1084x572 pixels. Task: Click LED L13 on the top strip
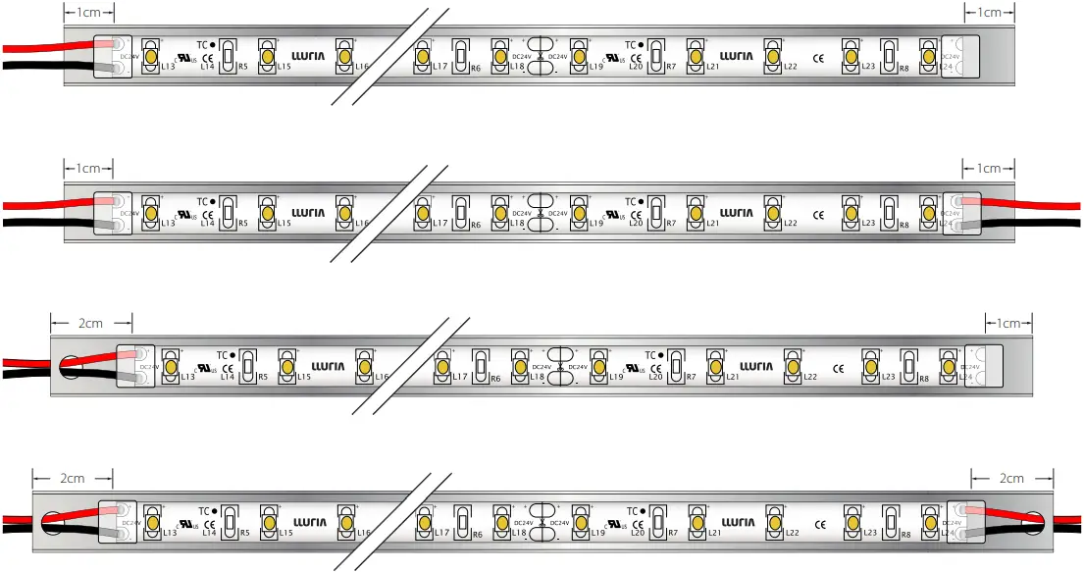(151, 55)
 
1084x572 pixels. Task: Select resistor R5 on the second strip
(228, 211)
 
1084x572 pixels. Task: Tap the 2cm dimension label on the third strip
(90, 323)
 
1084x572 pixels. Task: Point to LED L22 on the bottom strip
(773, 521)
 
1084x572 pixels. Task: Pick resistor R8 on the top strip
(888, 55)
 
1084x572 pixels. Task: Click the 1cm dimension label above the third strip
(1008, 323)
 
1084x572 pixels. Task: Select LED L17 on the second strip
(422, 211)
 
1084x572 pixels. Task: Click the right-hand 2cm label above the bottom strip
(1011, 478)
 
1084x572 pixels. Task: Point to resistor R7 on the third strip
(676, 366)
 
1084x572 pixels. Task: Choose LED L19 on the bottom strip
(579, 521)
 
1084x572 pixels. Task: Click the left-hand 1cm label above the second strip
(89, 168)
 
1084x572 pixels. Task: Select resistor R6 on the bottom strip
(460, 521)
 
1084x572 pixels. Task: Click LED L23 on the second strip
(850, 211)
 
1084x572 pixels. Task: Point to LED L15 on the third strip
(286, 366)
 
